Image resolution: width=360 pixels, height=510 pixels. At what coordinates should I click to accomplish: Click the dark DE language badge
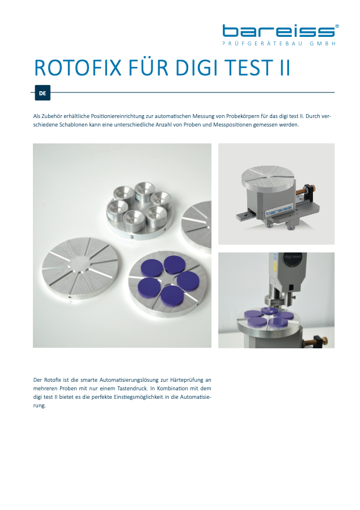43,93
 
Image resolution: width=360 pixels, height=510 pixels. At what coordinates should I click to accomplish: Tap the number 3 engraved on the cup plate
132,237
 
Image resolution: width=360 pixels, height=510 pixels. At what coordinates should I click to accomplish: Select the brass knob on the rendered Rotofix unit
308,189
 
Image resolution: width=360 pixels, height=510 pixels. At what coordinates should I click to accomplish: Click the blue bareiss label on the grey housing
279,210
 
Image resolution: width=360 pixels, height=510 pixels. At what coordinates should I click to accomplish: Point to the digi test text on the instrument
293,256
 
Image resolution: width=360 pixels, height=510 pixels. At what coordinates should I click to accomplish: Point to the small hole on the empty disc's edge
70,297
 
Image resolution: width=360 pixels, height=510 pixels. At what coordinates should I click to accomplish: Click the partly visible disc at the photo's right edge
197,225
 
